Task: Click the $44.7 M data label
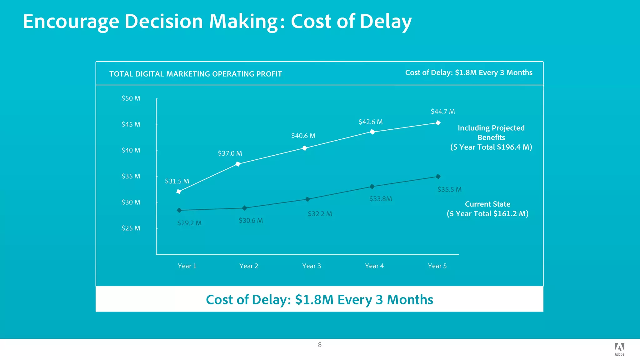[442, 112]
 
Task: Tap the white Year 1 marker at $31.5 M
[179, 191]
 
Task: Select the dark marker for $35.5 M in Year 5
[438, 177]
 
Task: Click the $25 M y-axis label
[131, 228]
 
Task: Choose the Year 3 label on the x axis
[311, 266]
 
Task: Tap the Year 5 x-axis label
[437, 266]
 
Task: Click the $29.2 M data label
[189, 223]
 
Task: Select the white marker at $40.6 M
[305, 148]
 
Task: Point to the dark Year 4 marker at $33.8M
[372, 187]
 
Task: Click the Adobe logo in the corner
[619, 349]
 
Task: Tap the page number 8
[320, 345]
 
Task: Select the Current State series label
[487, 204]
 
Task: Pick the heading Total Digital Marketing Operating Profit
[196, 74]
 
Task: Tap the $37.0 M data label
[230, 153]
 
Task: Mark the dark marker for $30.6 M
[245, 208]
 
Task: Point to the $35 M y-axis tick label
[131, 176]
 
